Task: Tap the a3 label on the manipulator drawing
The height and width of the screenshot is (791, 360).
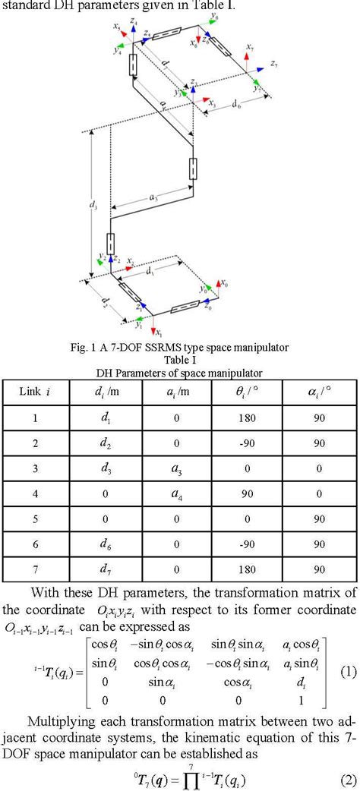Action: click(154, 196)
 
